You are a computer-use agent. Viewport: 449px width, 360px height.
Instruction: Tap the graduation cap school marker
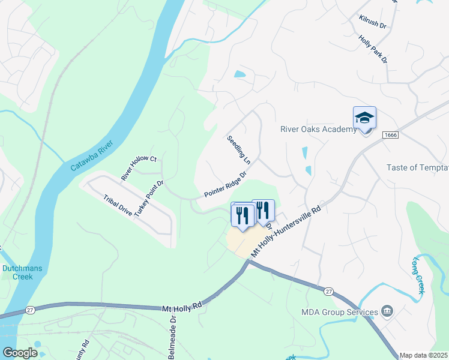[364, 118]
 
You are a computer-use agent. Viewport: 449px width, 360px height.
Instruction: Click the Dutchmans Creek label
[22, 272]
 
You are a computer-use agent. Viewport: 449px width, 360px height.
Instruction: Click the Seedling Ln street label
[238, 151]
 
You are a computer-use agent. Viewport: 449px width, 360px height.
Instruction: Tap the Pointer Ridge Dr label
[225, 185]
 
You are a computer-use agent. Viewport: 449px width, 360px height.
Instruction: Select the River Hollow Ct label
[139, 168]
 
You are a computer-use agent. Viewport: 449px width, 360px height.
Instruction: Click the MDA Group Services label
[340, 311]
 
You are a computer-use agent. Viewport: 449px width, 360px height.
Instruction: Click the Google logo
[20, 353]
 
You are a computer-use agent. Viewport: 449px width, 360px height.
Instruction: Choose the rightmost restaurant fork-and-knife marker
[263, 210]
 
